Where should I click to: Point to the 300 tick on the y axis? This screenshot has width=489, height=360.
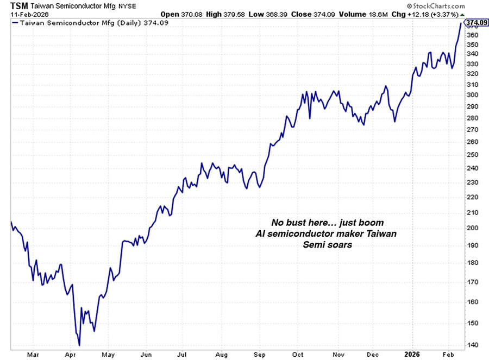(474, 96)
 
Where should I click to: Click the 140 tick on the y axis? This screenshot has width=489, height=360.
(474, 345)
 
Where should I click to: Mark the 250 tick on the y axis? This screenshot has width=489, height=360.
(474, 155)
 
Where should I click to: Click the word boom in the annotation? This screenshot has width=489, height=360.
(373, 223)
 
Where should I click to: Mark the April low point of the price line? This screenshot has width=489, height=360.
(79, 345)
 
